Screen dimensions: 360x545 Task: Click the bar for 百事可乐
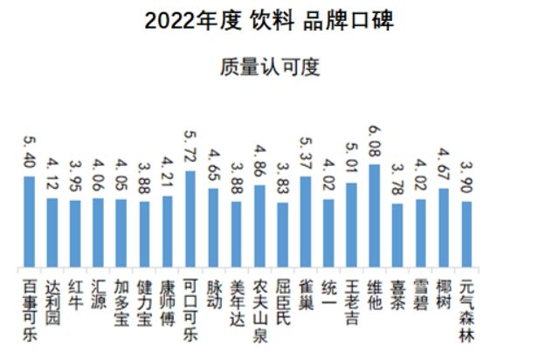click(x=30, y=222)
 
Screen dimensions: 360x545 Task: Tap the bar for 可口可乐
click(x=190, y=219)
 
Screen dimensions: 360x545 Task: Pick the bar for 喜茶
click(x=397, y=236)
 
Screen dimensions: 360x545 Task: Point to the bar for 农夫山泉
click(x=259, y=226)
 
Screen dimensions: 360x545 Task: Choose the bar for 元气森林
click(x=466, y=234)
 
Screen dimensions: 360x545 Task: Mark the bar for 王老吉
click(x=351, y=225)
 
